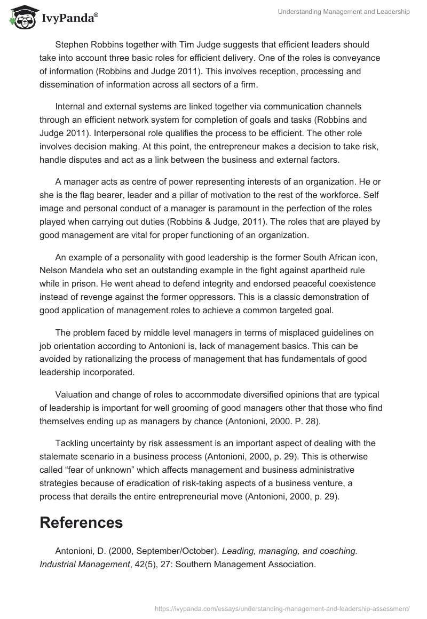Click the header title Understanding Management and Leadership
click(x=344, y=12)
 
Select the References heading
click(x=81, y=522)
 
